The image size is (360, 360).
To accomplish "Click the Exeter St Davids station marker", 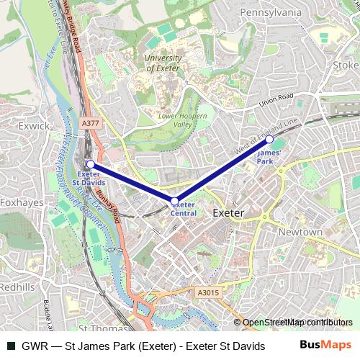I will click(90, 165).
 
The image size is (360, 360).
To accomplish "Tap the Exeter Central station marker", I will click(174, 200).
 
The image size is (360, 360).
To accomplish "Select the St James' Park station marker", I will click(269, 139).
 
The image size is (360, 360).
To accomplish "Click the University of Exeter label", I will click(163, 63).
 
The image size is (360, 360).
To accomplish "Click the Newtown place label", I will click(300, 232).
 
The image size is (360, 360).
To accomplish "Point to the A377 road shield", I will click(91, 123).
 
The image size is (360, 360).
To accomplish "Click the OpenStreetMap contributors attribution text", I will click(287, 323).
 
